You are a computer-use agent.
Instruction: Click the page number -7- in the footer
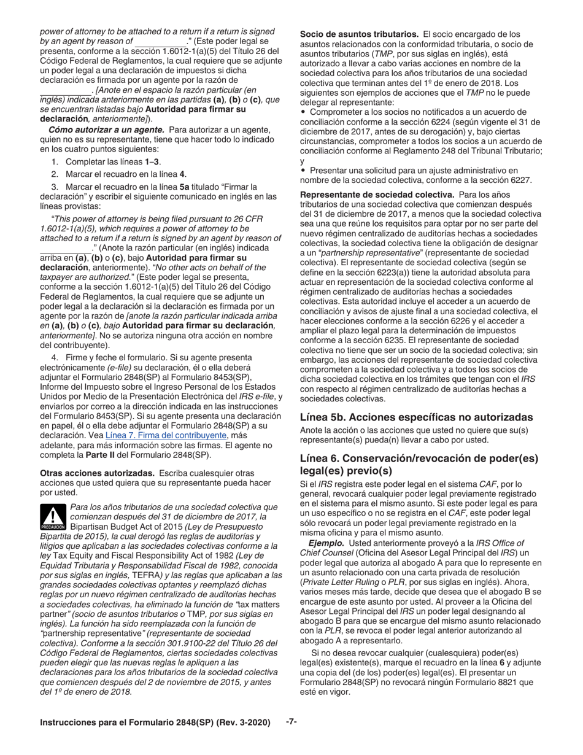[291, 721]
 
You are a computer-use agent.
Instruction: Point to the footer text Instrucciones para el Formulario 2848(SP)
[155, 722]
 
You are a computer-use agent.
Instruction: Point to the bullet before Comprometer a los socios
[303, 112]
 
